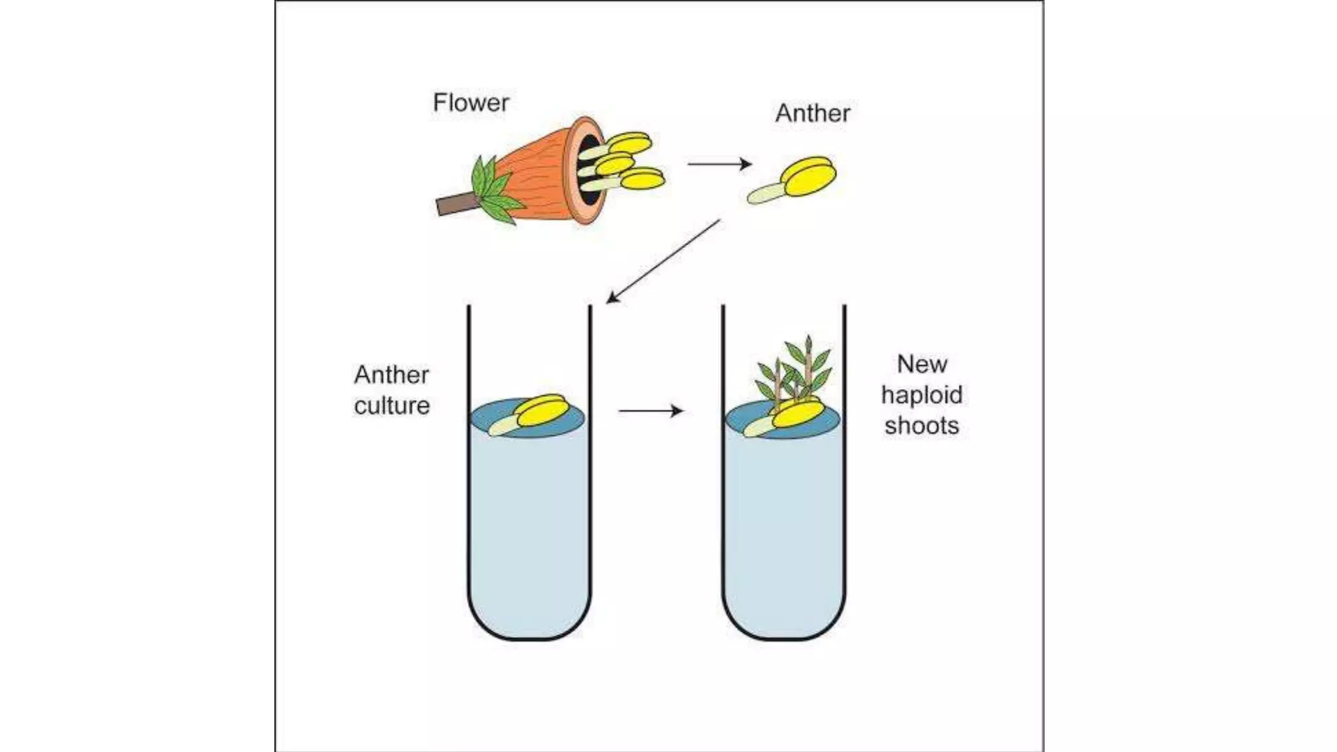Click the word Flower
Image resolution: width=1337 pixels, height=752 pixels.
[471, 102]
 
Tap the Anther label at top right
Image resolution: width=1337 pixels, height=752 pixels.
[813, 114]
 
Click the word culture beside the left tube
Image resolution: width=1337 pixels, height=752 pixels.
[392, 405]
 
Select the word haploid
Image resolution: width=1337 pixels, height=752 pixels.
[922, 395]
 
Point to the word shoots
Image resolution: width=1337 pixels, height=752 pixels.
[922, 426]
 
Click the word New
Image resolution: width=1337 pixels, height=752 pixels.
[922, 364]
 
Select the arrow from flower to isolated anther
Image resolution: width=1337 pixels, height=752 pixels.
[719, 164]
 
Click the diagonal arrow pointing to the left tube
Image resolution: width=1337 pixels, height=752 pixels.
[663, 262]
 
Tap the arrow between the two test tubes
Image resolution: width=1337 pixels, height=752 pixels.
[651, 411]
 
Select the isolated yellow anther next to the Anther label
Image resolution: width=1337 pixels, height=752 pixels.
[809, 176]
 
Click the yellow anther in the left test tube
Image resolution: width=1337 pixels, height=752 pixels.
[541, 411]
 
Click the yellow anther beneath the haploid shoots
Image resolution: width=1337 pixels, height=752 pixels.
[798, 414]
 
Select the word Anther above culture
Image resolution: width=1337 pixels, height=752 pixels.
[392, 375]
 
